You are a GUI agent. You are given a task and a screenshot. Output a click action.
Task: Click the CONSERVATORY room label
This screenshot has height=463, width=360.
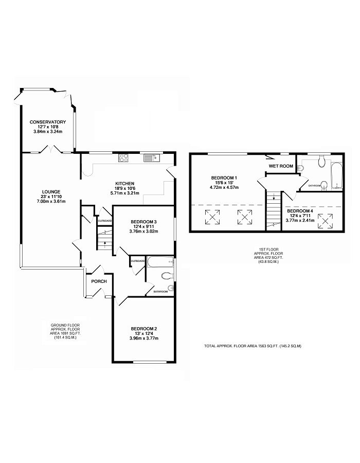point(48,122)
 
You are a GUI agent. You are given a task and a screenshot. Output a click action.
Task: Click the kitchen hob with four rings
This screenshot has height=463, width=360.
point(123,158)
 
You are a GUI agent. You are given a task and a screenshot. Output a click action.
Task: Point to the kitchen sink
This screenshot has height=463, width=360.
point(152,158)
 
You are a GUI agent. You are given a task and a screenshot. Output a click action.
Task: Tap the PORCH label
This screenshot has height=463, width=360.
point(99,281)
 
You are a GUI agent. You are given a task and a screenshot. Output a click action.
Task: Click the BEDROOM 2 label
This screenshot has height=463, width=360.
point(144,329)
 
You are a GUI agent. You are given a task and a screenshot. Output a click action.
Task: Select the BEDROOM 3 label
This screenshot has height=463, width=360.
point(143,222)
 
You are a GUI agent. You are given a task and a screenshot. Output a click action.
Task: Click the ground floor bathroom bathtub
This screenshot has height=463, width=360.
point(160,261)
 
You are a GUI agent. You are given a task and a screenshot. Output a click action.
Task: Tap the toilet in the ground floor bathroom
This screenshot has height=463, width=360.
point(167,276)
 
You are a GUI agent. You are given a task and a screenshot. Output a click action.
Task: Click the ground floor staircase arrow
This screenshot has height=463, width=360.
point(105,244)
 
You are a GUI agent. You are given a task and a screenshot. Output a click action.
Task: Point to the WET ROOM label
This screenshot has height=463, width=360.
point(281,166)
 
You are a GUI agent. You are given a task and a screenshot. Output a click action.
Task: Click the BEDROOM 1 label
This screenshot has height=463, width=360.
point(224,178)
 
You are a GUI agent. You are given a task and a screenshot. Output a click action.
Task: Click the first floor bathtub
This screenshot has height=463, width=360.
point(337,176)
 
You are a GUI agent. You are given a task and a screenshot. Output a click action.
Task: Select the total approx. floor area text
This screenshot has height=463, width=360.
point(253,346)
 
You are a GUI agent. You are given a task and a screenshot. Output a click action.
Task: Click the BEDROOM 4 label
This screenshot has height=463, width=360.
point(300,211)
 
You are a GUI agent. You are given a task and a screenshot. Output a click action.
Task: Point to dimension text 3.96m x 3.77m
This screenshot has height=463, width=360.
point(144,338)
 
